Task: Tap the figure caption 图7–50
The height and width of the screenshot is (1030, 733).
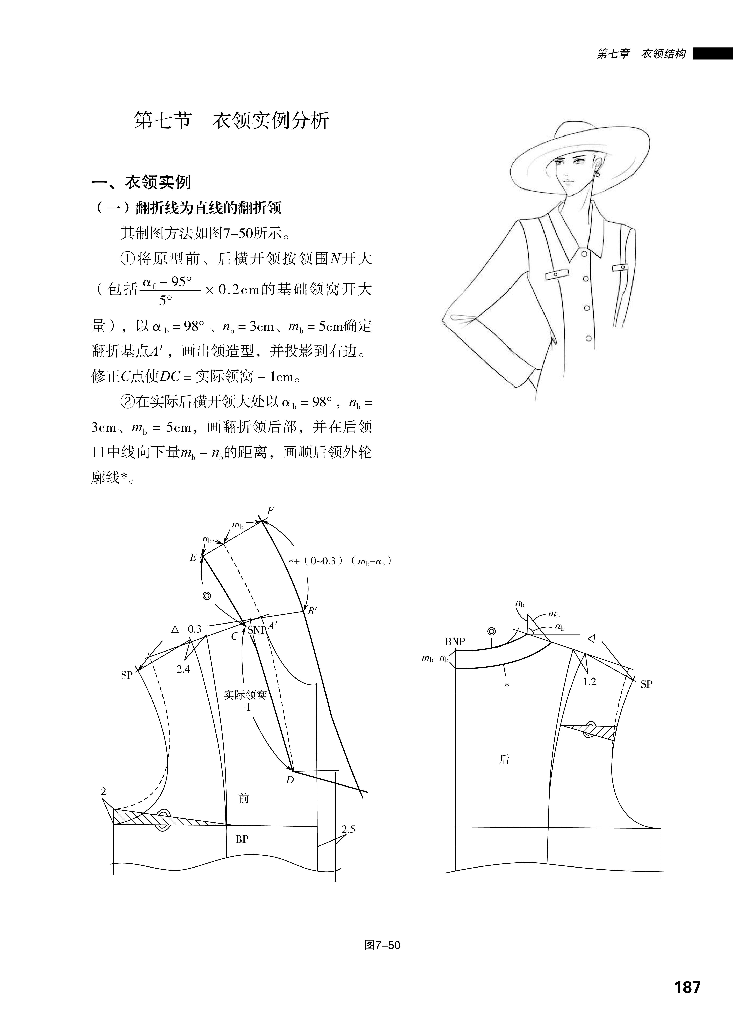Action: (x=382, y=945)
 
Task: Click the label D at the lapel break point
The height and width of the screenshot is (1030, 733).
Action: (x=290, y=780)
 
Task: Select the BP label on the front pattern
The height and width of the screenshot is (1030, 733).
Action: (x=242, y=839)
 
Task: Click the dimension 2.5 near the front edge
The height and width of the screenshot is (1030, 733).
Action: (x=348, y=829)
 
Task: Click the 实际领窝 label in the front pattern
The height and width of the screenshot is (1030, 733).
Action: (x=245, y=695)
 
